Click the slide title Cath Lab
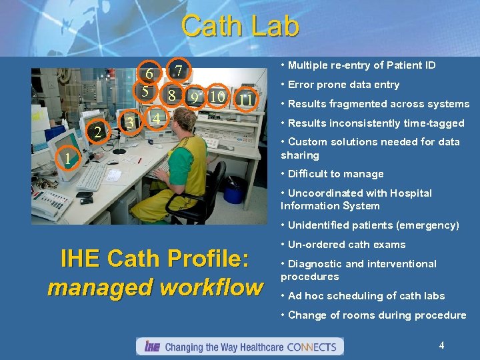coord(240,27)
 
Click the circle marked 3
coord(131,123)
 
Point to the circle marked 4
coord(155,119)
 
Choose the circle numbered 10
coord(216,97)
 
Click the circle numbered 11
coord(246,99)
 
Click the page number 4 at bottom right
coord(441,345)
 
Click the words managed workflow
coord(155,288)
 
